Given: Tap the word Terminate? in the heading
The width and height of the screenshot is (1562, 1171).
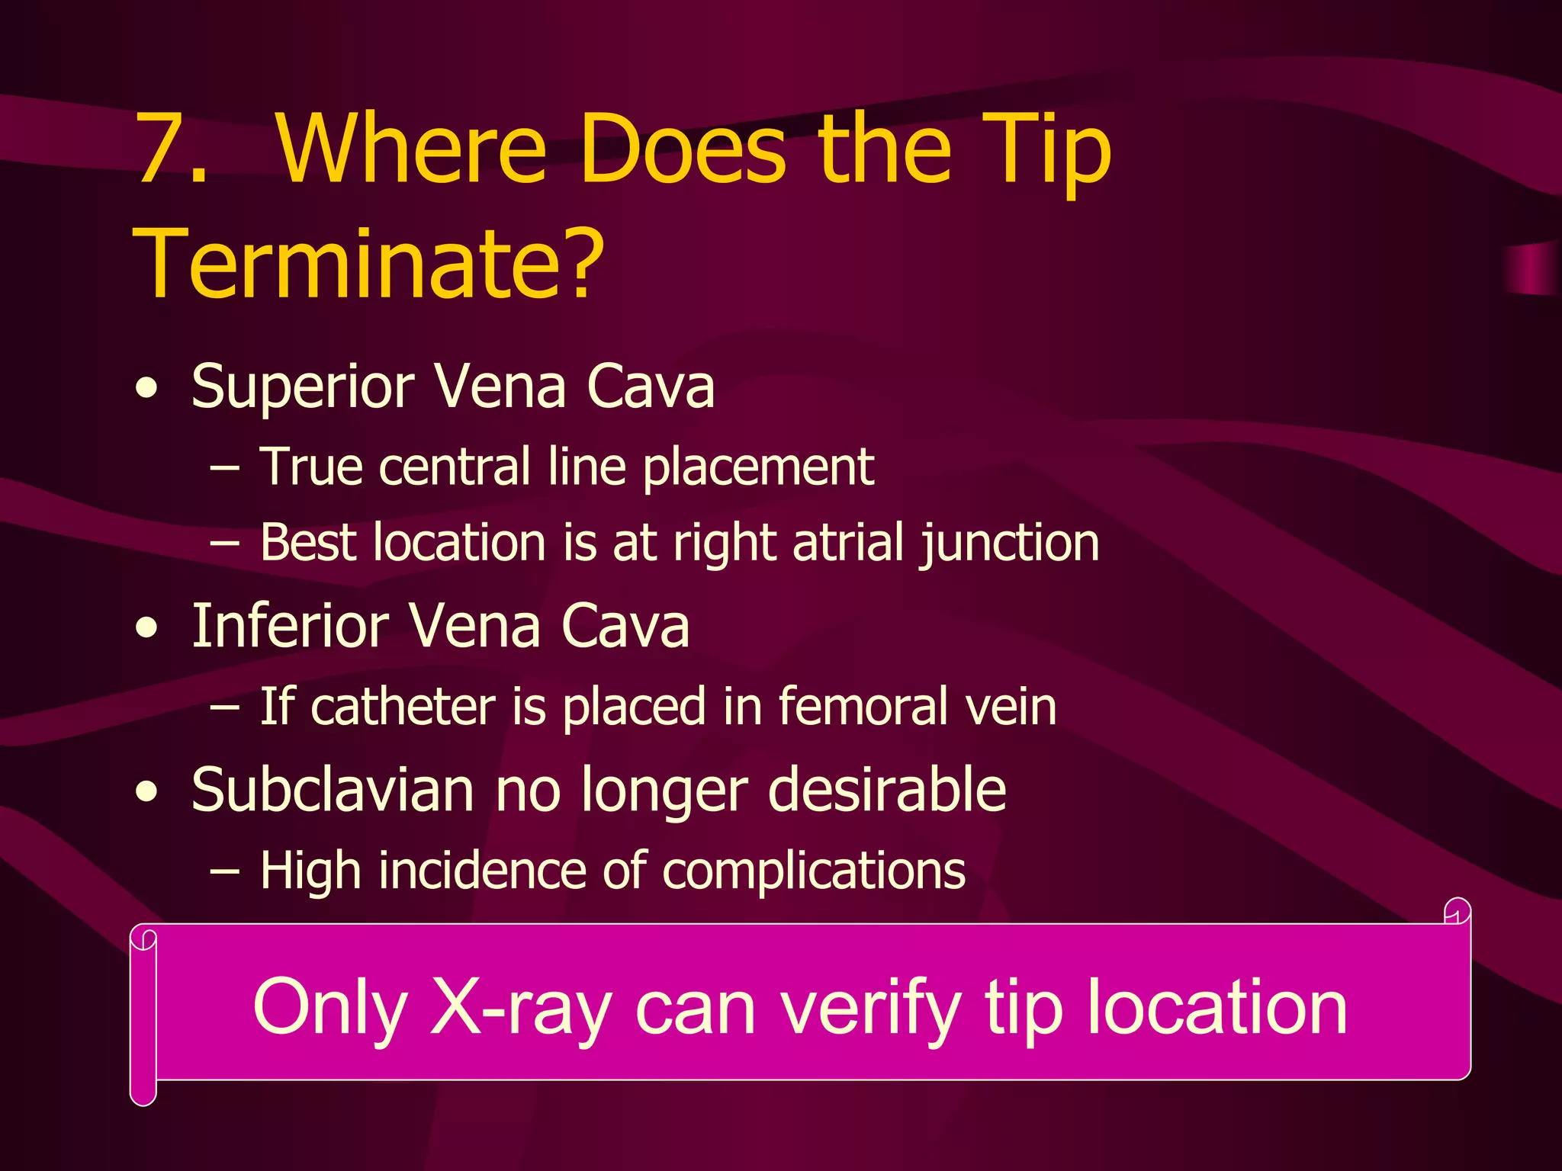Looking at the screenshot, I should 369,264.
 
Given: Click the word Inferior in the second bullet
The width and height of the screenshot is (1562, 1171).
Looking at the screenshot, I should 290,627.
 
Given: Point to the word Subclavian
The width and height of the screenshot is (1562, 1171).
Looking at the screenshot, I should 333,790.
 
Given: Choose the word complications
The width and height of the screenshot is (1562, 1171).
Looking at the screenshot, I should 814,871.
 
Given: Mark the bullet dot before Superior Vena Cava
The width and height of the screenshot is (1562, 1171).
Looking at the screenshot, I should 146,390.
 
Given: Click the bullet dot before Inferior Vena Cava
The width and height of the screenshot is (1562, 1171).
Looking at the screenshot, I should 146,629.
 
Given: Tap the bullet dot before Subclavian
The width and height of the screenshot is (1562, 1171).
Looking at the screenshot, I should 146,793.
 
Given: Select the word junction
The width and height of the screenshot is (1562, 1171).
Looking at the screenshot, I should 1009,544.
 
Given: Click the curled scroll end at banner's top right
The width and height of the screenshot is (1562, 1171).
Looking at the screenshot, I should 1457,912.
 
